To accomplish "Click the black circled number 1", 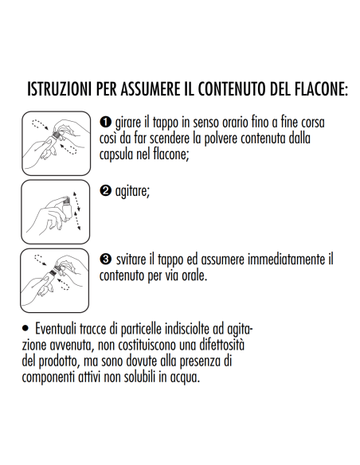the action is [105, 122].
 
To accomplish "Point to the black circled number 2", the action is [105, 190].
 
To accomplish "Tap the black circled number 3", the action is [105, 259].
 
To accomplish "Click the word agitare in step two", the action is [132, 191].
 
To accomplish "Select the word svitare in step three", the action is [131, 260].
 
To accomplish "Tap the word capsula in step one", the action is [116, 154].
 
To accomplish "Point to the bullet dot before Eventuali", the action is [25, 328].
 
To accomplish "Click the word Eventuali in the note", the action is [56, 329].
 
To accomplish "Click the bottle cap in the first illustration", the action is [56, 134].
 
